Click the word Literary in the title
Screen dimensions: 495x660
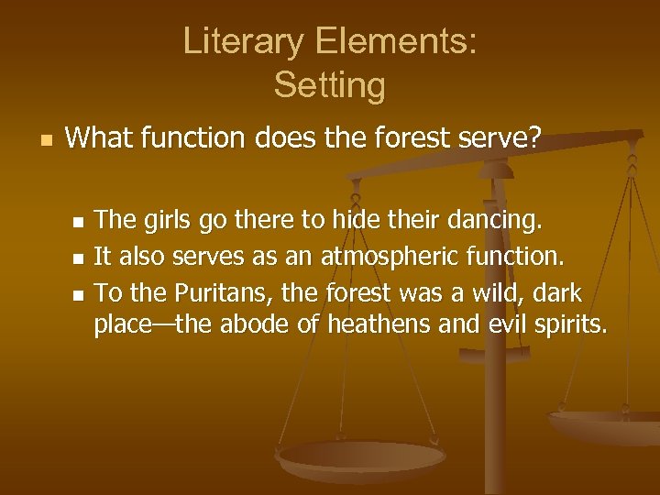click(236, 42)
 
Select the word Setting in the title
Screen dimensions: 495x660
click(329, 85)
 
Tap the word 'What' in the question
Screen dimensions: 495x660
click(99, 139)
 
